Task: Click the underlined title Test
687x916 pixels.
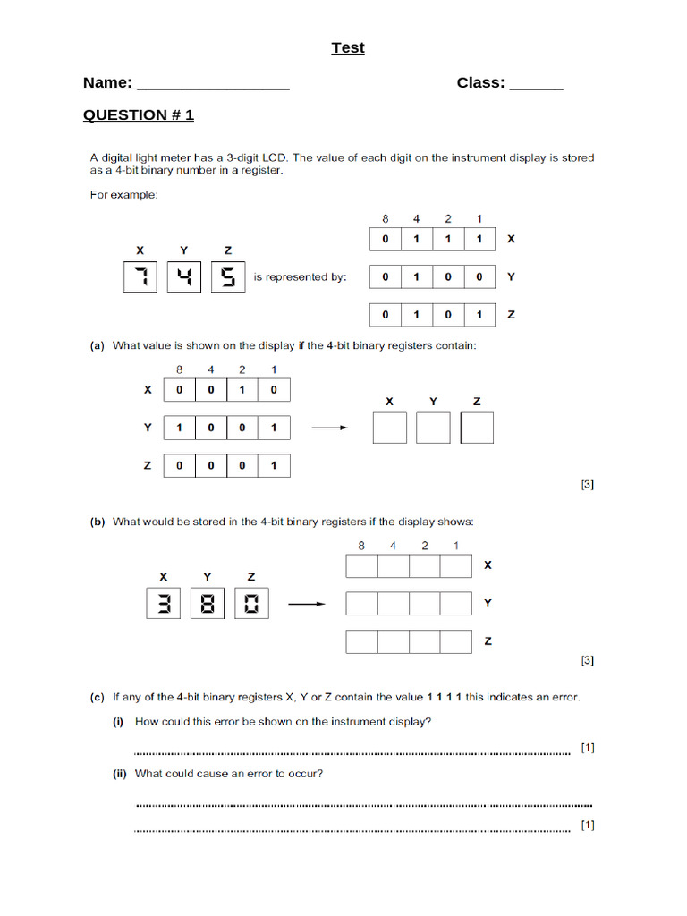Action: pyautogui.click(x=348, y=47)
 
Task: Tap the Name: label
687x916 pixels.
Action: pyautogui.click(x=107, y=83)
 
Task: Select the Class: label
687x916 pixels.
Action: pyautogui.click(x=480, y=83)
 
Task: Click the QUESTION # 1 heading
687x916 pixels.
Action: pyautogui.click(x=139, y=115)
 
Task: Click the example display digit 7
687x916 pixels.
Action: pyautogui.click(x=140, y=277)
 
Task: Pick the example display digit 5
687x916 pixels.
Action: pyautogui.click(x=227, y=277)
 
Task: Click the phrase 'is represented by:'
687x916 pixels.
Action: pyautogui.click(x=300, y=277)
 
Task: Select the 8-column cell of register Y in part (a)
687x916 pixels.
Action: pyautogui.click(x=179, y=428)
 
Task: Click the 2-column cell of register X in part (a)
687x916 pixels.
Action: pyautogui.click(x=242, y=390)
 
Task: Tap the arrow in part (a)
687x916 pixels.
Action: pyautogui.click(x=328, y=428)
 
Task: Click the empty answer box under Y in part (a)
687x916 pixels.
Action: pyautogui.click(x=433, y=428)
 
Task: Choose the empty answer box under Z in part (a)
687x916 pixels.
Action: pyautogui.click(x=477, y=428)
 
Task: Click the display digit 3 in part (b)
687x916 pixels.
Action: pyautogui.click(x=163, y=604)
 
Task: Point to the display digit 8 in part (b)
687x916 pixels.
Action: pyautogui.click(x=208, y=604)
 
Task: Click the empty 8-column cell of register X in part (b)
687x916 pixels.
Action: pyautogui.click(x=361, y=566)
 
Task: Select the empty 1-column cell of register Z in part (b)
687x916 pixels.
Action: pyautogui.click(x=455, y=641)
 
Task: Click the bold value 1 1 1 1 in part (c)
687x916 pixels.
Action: pyautogui.click(x=444, y=697)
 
